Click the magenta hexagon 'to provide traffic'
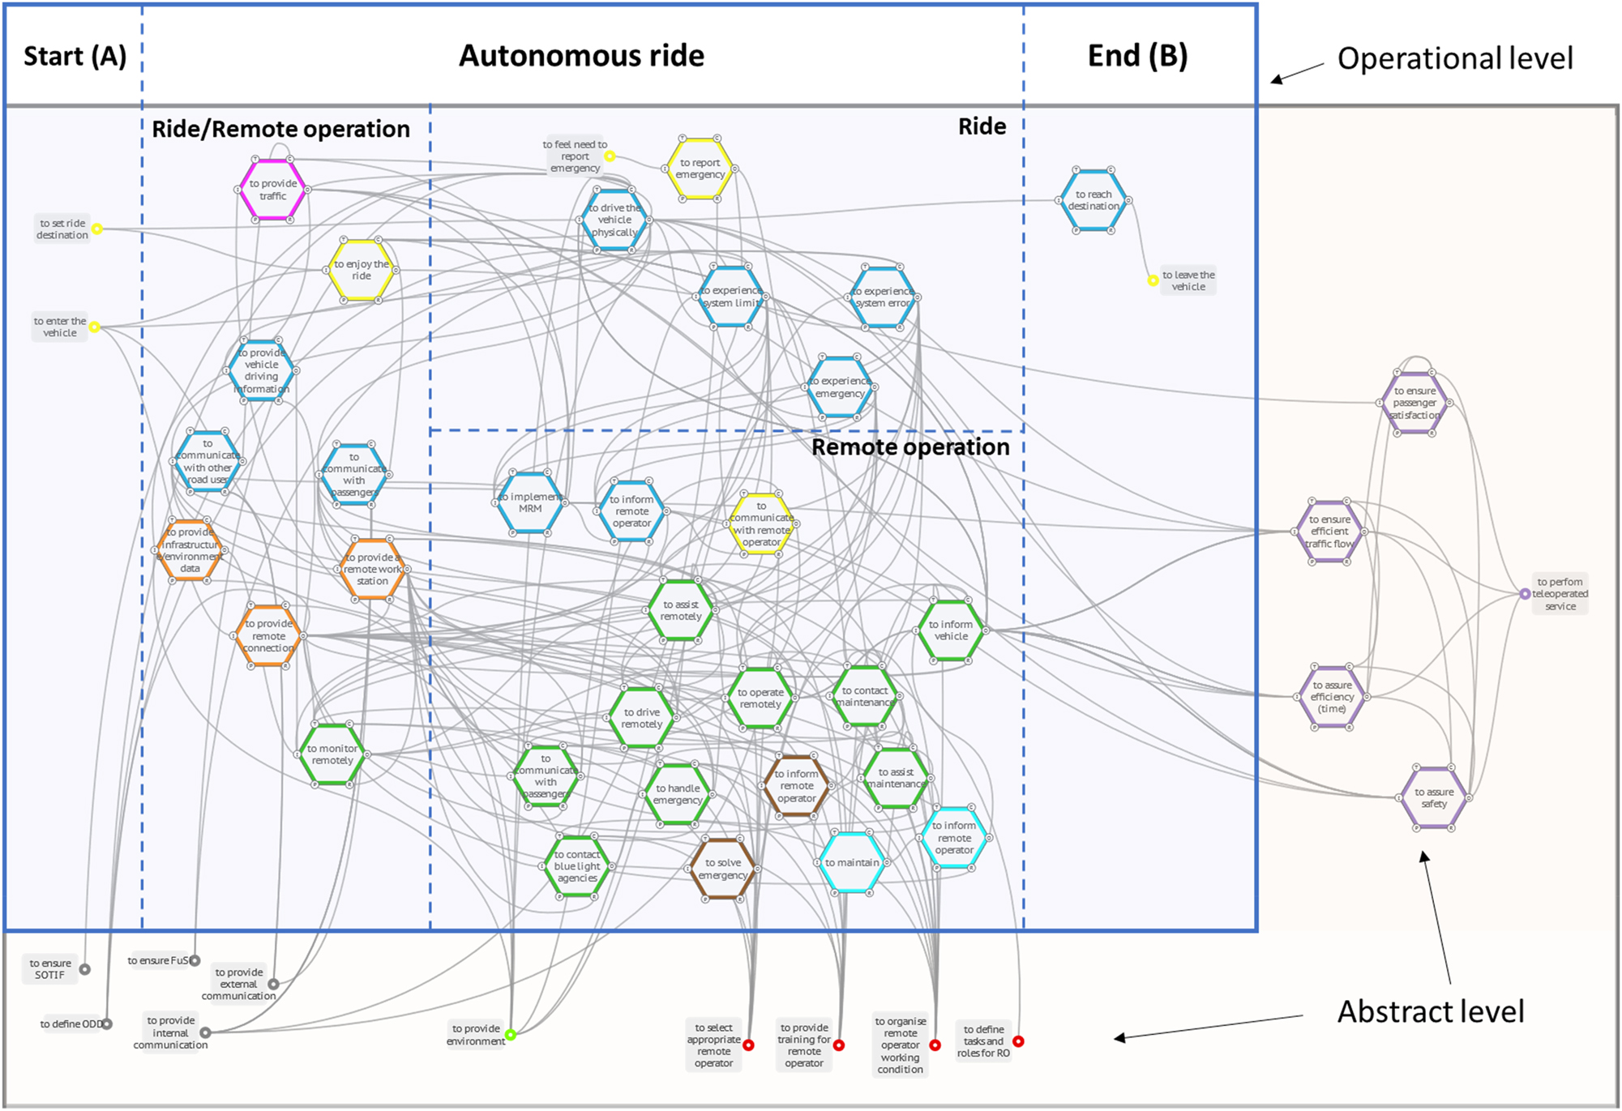[x=272, y=190]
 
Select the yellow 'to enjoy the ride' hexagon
[x=362, y=270]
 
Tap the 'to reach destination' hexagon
[x=1093, y=200]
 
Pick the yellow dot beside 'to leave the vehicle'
[x=1153, y=280]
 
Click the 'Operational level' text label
[x=1454, y=58]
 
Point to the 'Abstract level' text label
[x=1430, y=1011]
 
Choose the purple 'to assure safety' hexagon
[x=1434, y=798]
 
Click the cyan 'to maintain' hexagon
[x=852, y=863]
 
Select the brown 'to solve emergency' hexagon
[x=722, y=869]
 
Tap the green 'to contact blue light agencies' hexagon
[x=577, y=866]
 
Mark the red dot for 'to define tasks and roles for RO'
[x=1018, y=1041]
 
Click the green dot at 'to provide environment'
[x=511, y=1035]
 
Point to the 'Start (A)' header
[x=75, y=56]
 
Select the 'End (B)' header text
[x=1137, y=56]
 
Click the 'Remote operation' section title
[x=910, y=447]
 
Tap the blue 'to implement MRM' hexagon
[x=530, y=502]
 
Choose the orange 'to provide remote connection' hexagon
[x=268, y=636]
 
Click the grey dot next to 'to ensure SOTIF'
[x=85, y=969]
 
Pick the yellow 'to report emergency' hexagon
[x=700, y=169]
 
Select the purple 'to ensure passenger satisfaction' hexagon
[x=1414, y=403]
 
